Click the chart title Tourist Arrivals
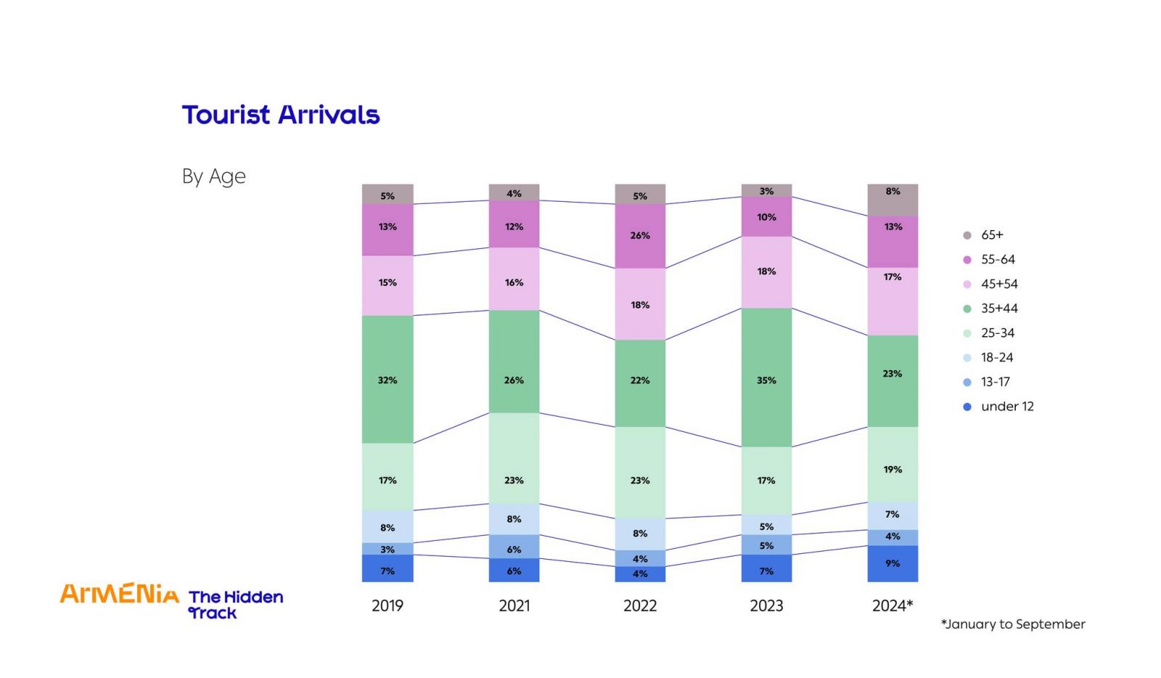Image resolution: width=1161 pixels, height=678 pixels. [x=281, y=115]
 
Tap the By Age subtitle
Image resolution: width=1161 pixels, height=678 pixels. [x=214, y=176]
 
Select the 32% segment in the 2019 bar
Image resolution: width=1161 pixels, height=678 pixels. [x=387, y=379]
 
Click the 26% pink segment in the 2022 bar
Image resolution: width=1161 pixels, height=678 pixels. [x=640, y=236]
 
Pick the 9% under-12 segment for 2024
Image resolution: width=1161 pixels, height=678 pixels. [x=893, y=563]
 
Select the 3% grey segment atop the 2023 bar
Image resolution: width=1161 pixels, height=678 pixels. [x=766, y=190]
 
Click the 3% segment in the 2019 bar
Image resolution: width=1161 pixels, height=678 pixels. [x=387, y=549]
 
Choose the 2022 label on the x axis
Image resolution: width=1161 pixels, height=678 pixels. [x=640, y=606]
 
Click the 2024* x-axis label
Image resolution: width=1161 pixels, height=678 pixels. [x=893, y=606]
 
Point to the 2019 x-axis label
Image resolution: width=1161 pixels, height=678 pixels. [x=387, y=606]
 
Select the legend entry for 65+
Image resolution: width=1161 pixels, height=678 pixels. [x=991, y=235]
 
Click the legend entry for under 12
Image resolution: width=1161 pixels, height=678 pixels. [x=1006, y=407]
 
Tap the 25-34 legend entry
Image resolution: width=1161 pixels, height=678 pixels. [x=997, y=333]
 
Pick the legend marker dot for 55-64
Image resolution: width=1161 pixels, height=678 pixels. [x=967, y=260]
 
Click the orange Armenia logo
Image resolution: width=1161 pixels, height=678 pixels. [x=120, y=594]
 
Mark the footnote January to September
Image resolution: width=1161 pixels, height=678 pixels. [x=1013, y=624]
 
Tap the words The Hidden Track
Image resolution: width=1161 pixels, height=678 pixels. [x=235, y=605]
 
